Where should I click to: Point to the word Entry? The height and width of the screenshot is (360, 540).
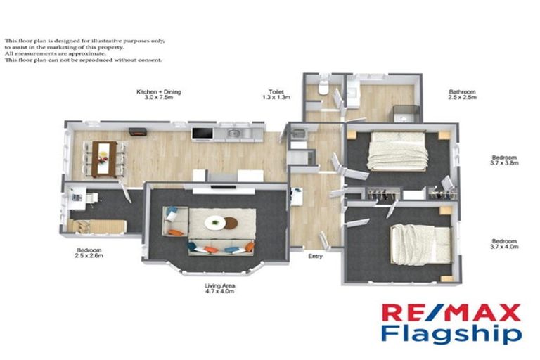click(x=316, y=256)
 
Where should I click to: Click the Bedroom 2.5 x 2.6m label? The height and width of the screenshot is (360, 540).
click(x=90, y=254)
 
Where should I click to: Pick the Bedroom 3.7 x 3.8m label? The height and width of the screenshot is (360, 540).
click(x=504, y=161)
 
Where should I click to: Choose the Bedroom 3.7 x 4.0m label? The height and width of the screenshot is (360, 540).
click(x=504, y=244)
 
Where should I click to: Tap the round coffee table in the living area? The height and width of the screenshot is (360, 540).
click(x=216, y=223)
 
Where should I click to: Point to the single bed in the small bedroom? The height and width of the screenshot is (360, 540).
click(x=98, y=226)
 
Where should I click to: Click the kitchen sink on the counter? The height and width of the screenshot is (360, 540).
click(x=235, y=133)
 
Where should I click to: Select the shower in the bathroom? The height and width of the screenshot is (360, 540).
click(x=406, y=112)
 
